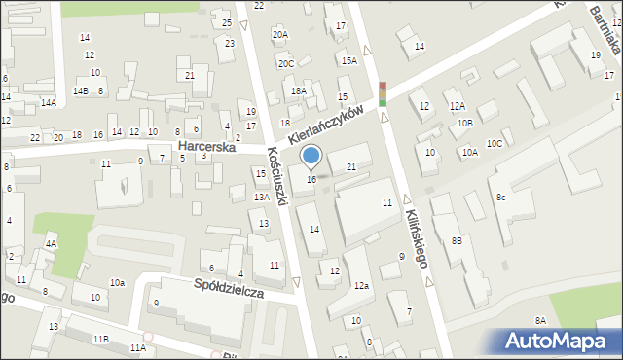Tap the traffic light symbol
[x=383, y=93]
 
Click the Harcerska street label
[x=208, y=145]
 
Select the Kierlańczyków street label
[x=332, y=126]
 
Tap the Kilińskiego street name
[x=418, y=239]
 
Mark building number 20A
[x=280, y=35]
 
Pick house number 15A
[x=348, y=60]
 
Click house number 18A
[x=299, y=90]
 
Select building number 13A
[x=262, y=197]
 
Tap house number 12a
[x=361, y=285]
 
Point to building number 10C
[x=495, y=144]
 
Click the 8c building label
[x=500, y=198]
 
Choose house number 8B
[x=457, y=239]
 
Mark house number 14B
[x=81, y=91]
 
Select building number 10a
[x=117, y=282]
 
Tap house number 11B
[x=100, y=338]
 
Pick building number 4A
[x=51, y=243]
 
